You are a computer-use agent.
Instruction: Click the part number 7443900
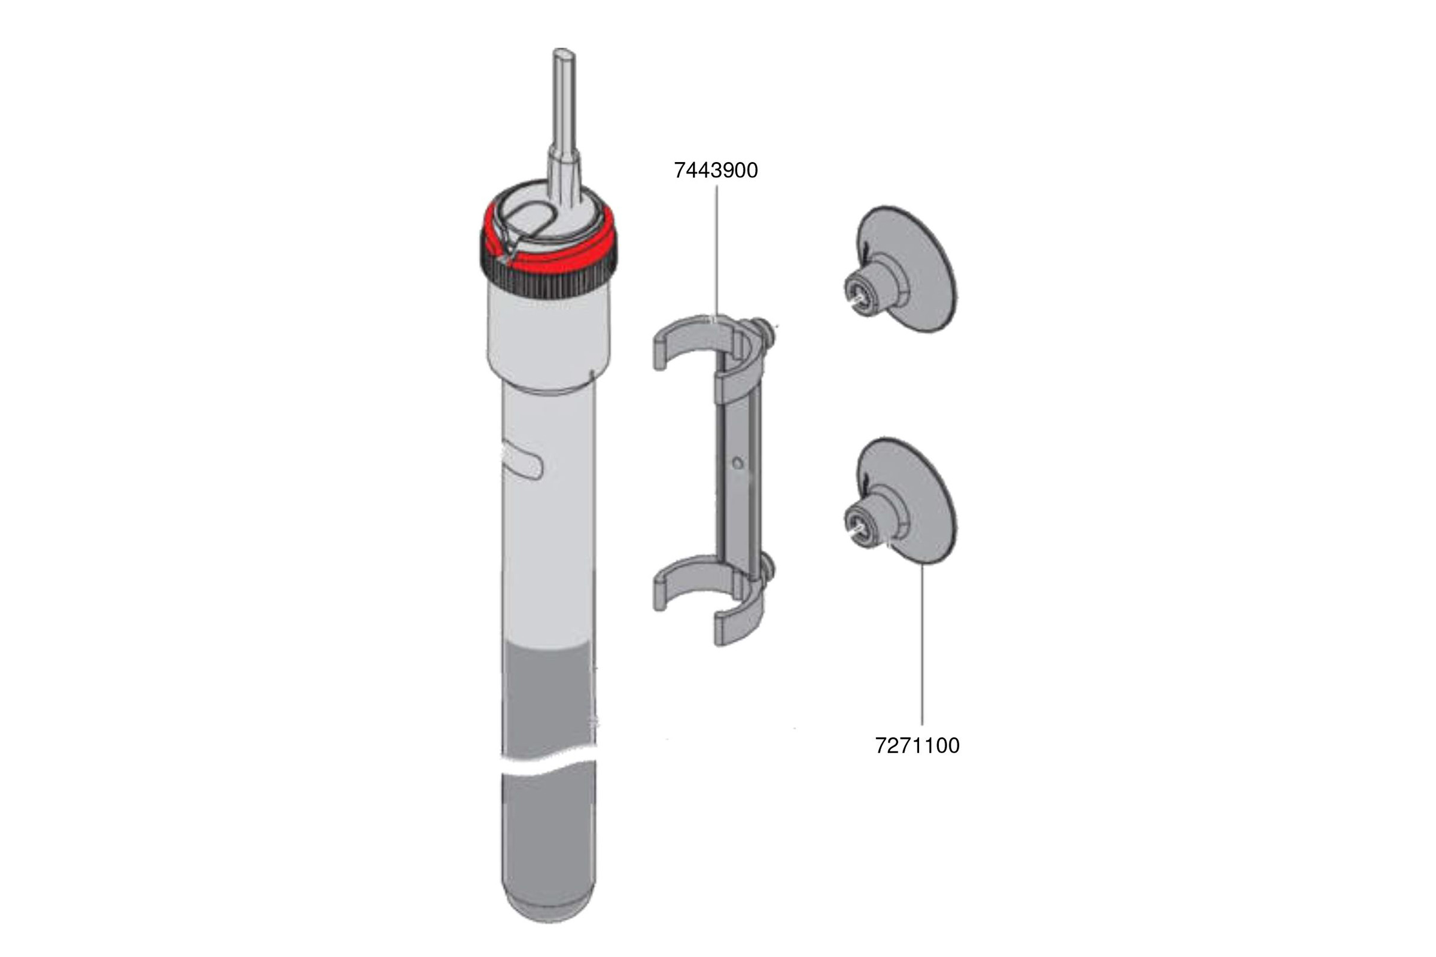click(716, 170)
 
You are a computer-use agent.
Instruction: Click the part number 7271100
click(917, 746)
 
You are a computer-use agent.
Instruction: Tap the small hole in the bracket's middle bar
click(738, 464)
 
